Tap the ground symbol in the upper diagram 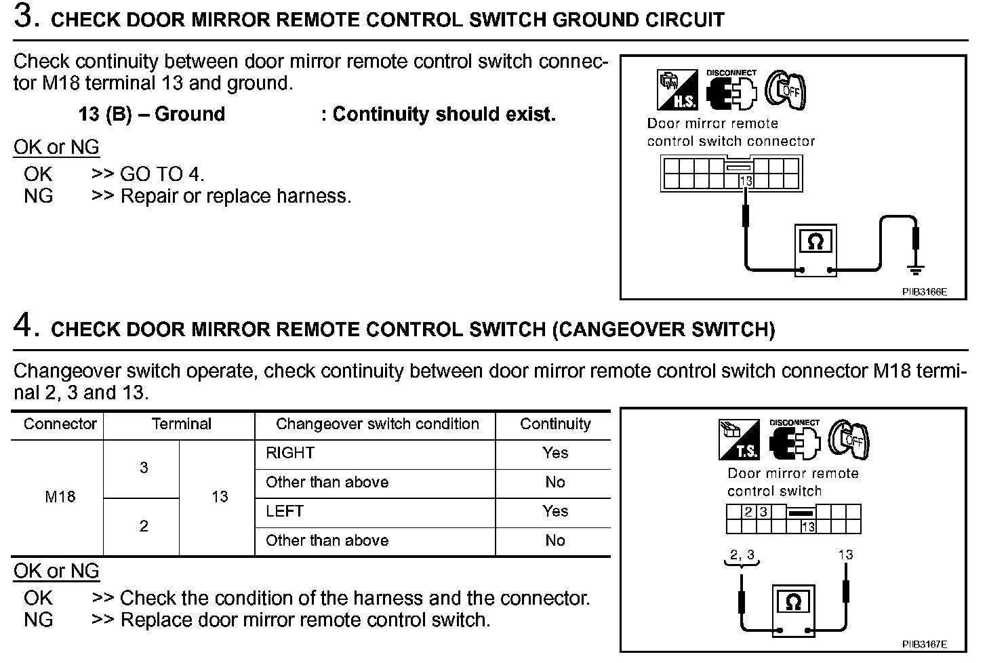coord(916,270)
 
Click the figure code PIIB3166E coord(924,292)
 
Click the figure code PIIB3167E coord(925,644)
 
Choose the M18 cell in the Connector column coord(60,497)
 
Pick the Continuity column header coord(555,424)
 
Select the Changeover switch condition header coord(377,424)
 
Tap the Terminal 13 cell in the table coord(220,497)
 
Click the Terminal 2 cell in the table coord(144,526)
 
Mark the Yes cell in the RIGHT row coord(555,454)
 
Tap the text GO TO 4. coord(162,174)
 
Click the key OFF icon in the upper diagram coord(786,89)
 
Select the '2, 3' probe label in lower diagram coord(742,555)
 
